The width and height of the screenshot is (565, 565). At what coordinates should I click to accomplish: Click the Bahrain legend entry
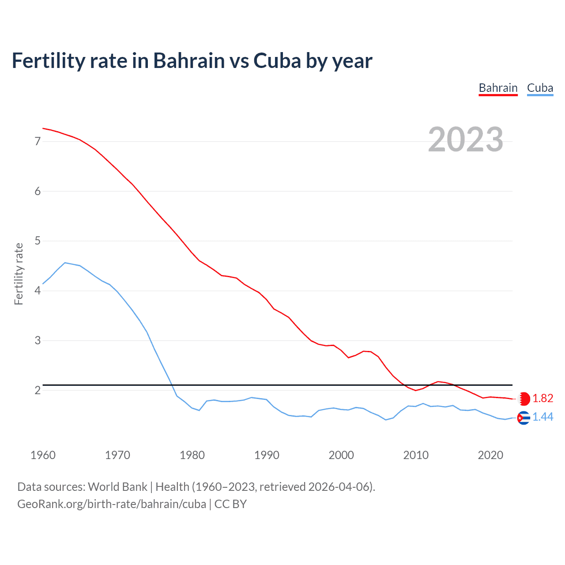(x=498, y=88)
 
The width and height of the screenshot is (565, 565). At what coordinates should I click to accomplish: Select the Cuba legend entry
(x=540, y=88)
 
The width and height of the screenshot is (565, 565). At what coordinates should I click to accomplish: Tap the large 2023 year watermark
(x=465, y=139)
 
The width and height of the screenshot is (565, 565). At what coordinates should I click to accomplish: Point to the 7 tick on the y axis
(x=38, y=141)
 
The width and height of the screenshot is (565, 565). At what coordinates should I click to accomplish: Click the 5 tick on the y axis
(x=38, y=241)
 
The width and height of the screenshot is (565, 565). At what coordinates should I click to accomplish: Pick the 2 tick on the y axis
(x=38, y=390)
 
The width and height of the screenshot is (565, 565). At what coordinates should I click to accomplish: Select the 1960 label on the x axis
(x=43, y=455)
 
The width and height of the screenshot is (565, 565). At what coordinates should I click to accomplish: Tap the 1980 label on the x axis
(x=192, y=455)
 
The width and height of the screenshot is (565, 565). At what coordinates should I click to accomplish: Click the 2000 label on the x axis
(x=341, y=455)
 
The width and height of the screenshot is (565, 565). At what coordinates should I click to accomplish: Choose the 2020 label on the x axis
(x=490, y=455)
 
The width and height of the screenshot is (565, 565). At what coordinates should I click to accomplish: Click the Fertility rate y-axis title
(x=19, y=274)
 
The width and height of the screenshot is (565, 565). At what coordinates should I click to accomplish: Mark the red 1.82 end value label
(x=542, y=398)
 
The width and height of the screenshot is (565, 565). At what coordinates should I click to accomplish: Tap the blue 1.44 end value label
(x=542, y=417)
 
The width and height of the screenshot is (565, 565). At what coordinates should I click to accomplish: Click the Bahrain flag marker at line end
(x=524, y=399)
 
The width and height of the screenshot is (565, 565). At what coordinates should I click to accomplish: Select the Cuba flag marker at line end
(x=524, y=418)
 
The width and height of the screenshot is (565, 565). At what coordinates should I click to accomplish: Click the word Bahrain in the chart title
(x=189, y=60)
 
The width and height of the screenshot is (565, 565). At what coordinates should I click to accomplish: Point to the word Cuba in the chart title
(x=277, y=60)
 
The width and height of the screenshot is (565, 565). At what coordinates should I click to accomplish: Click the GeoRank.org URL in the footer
(x=112, y=504)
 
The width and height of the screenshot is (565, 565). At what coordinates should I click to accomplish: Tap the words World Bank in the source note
(x=117, y=487)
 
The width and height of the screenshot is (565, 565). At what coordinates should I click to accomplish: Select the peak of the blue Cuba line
(x=65, y=263)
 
